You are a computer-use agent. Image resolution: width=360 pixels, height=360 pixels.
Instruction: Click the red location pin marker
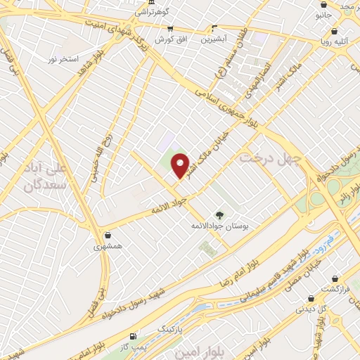(181, 165)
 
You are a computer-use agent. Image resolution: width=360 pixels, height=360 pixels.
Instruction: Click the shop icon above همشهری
(107, 236)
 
